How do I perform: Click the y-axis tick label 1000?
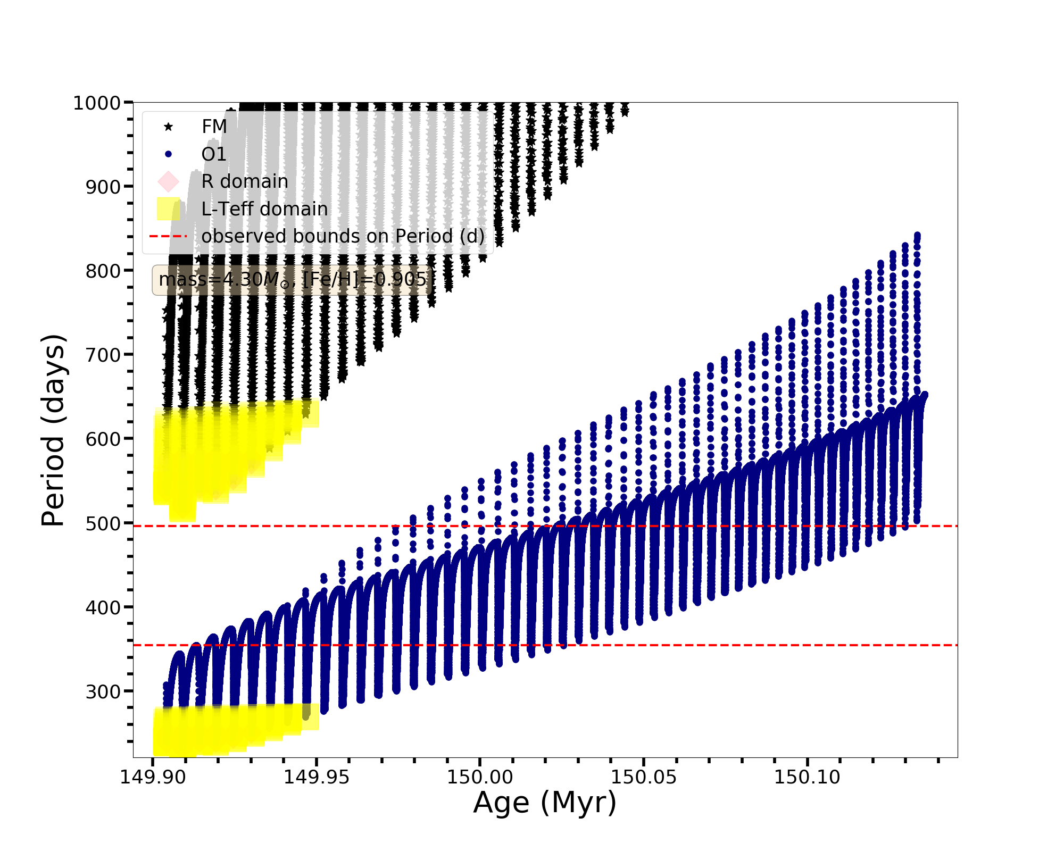(x=97, y=103)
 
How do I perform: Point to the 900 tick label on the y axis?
(x=103, y=187)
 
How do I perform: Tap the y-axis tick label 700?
(x=103, y=355)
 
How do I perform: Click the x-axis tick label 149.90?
(x=153, y=778)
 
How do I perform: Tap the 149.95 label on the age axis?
(x=317, y=778)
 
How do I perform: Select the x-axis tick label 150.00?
(x=480, y=778)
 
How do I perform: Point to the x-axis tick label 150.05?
(x=644, y=778)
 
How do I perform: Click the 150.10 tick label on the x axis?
(x=807, y=778)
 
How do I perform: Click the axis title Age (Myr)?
(x=545, y=803)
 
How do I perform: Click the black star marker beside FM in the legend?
(x=169, y=127)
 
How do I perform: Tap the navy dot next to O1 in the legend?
(x=169, y=154)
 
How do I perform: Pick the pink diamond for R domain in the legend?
(x=169, y=181)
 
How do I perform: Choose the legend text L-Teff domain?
(x=264, y=209)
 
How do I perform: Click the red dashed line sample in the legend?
(x=169, y=236)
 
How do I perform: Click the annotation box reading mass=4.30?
(x=293, y=280)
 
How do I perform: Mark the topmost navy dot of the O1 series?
(x=917, y=235)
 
